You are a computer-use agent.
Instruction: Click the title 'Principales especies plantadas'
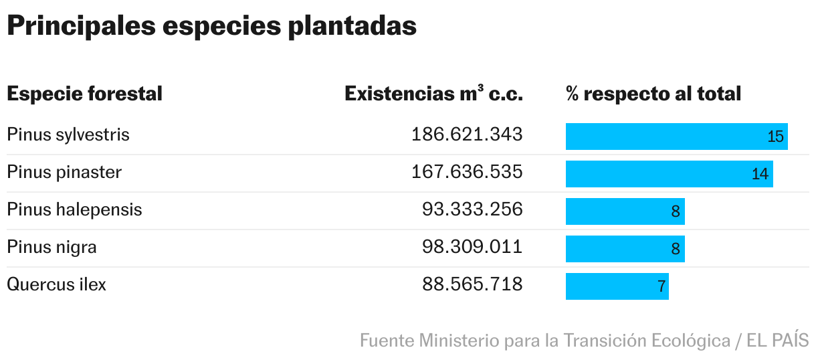click(211, 26)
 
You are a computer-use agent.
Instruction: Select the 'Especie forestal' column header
click(84, 94)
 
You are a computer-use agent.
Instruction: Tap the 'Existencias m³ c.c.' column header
click(433, 94)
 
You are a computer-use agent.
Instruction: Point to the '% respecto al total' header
click(653, 94)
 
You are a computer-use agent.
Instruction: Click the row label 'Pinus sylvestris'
click(68, 134)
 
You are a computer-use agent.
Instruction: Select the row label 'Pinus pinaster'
click(64, 172)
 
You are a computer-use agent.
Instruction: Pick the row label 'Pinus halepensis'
click(74, 209)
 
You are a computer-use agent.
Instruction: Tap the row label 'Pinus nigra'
click(52, 247)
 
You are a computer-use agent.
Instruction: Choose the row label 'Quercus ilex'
click(56, 284)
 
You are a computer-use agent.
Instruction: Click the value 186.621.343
click(467, 134)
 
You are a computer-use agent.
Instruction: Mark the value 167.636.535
click(467, 172)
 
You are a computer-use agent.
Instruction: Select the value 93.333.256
click(472, 209)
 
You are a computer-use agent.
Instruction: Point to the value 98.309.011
click(472, 247)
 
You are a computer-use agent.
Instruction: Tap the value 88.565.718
click(472, 284)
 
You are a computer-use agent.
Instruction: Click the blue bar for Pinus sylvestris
click(669, 137)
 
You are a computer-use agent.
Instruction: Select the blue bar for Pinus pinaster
click(662, 174)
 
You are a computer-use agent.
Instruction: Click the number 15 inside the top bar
click(775, 137)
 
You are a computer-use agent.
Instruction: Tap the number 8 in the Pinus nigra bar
click(676, 250)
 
